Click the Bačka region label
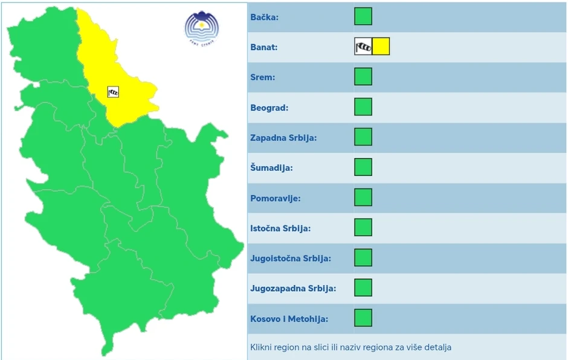[264, 17]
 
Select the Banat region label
[263, 47]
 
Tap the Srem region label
[262, 77]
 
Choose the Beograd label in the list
[269, 108]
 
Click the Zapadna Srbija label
[283, 138]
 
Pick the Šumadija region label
[271, 168]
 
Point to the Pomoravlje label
[275, 198]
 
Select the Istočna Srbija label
[280, 228]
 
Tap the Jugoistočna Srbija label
[291, 259]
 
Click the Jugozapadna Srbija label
[293, 289]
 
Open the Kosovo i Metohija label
[289, 319]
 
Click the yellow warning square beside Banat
[381, 47]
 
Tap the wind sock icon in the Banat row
[363, 47]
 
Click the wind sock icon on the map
[113, 92]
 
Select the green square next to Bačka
[363, 16]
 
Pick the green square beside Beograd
[363, 107]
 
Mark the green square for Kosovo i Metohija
[363, 318]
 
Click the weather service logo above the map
[201, 28]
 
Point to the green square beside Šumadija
[363, 167]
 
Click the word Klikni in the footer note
[262, 347]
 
